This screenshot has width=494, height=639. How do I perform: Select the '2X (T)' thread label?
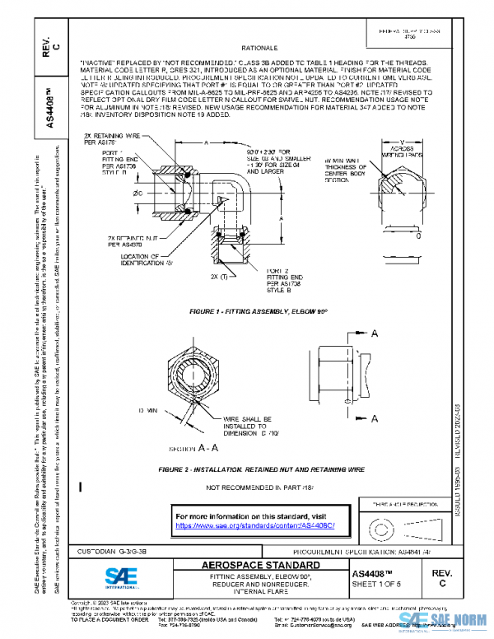(x=219, y=276)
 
